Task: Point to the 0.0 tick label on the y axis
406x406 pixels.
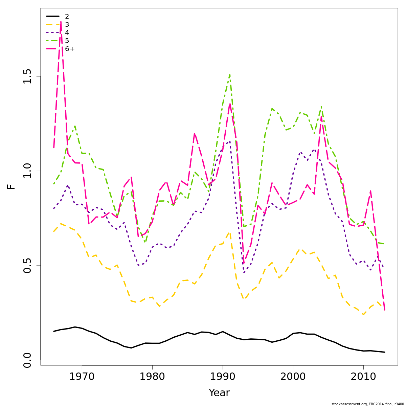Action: (27, 360)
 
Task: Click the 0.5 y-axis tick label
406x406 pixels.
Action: (27, 265)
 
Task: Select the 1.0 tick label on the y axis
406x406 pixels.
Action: (27, 171)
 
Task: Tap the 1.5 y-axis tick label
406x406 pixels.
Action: (27, 76)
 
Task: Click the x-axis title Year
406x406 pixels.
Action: (219, 393)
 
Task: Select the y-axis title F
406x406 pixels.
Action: (12, 186)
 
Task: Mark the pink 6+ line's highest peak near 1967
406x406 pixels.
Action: (61, 22)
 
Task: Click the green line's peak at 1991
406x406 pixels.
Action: (230, 74)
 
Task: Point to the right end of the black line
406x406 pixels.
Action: (385, 352)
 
